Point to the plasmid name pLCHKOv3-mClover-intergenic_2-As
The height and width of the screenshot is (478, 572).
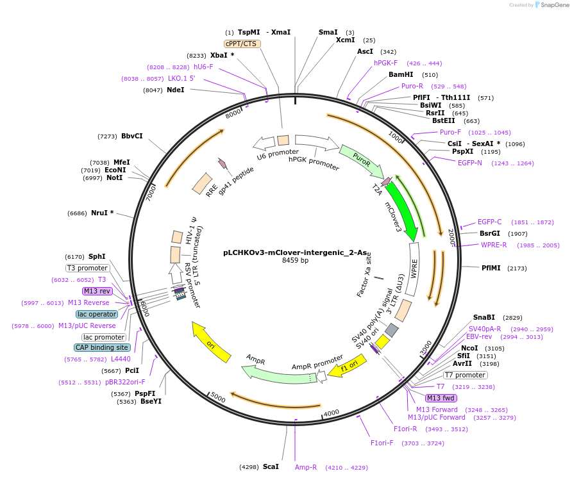click(287, 252)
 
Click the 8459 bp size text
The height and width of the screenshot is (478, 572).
click(295, 261)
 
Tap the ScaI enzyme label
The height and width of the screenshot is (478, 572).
click(271, 466)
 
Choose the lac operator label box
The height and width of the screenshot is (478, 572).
click(97, 314)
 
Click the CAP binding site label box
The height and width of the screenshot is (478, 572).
click(103, 347)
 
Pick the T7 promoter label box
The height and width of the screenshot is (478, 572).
click(466, 375)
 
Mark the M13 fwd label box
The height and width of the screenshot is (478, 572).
click(441, 399)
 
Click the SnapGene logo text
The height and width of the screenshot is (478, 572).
click(553, 5)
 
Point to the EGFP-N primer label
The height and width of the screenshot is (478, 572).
click(470, 163)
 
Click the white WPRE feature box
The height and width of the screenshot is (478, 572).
click(414, 269)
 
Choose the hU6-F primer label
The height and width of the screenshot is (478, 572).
click(203, 67)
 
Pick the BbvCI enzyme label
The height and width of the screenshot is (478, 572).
click(132, 136)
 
